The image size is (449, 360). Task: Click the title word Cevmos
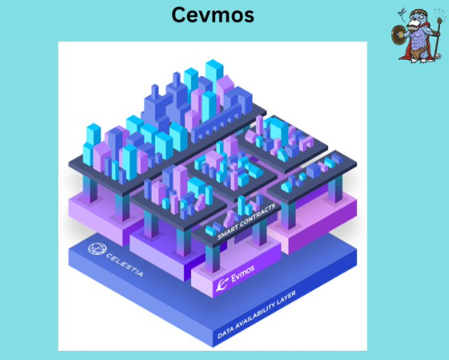pos(213,15)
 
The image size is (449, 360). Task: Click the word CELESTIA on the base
pos(124,264)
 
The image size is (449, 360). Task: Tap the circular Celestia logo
pos(97,248)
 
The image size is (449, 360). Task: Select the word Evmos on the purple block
pos(242,273)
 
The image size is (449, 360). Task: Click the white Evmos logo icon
pos(222,284)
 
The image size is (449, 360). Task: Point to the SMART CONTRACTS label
pos(246,221)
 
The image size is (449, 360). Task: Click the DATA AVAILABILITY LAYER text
pos(256,315)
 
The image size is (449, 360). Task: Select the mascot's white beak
pos(413,26)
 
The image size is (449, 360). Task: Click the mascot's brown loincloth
pos(418,53)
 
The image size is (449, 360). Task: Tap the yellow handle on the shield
pos(401,35)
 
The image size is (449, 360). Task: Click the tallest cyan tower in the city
pos(214,77)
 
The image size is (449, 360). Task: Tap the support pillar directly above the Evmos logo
pos(213,259)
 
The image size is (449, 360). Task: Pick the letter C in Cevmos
pos(179,15)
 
